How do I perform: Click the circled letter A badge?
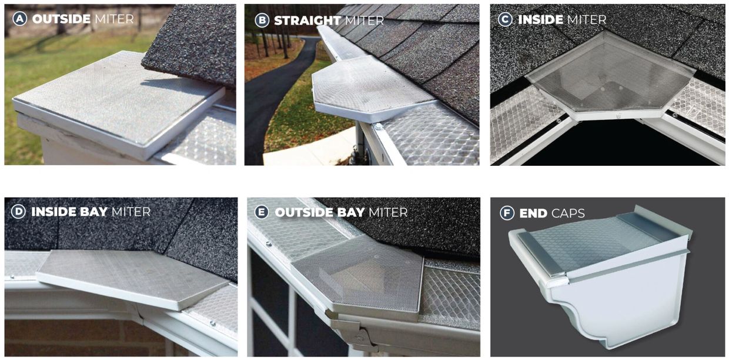[x=19, y=19]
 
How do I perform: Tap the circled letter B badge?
[x=262, y=20]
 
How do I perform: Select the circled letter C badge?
[x=505, y=19]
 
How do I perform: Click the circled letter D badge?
[x=18, y=212]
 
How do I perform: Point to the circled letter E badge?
[x=262, y=212]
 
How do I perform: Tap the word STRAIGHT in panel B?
[x=307, y=20]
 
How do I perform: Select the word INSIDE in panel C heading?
[x=540, y=19]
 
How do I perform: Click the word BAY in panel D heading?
[x=91, y=212]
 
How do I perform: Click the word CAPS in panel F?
[x=568, y=213]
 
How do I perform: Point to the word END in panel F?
[x=533, y=213]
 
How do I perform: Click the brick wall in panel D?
[x=59, y=338]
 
